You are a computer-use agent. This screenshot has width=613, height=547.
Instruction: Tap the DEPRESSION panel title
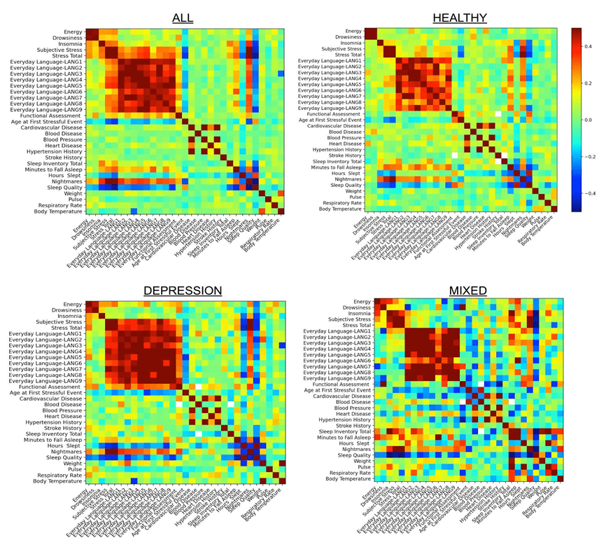coord(183,290)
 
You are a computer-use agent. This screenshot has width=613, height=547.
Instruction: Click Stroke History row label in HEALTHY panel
coord(344,155)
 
